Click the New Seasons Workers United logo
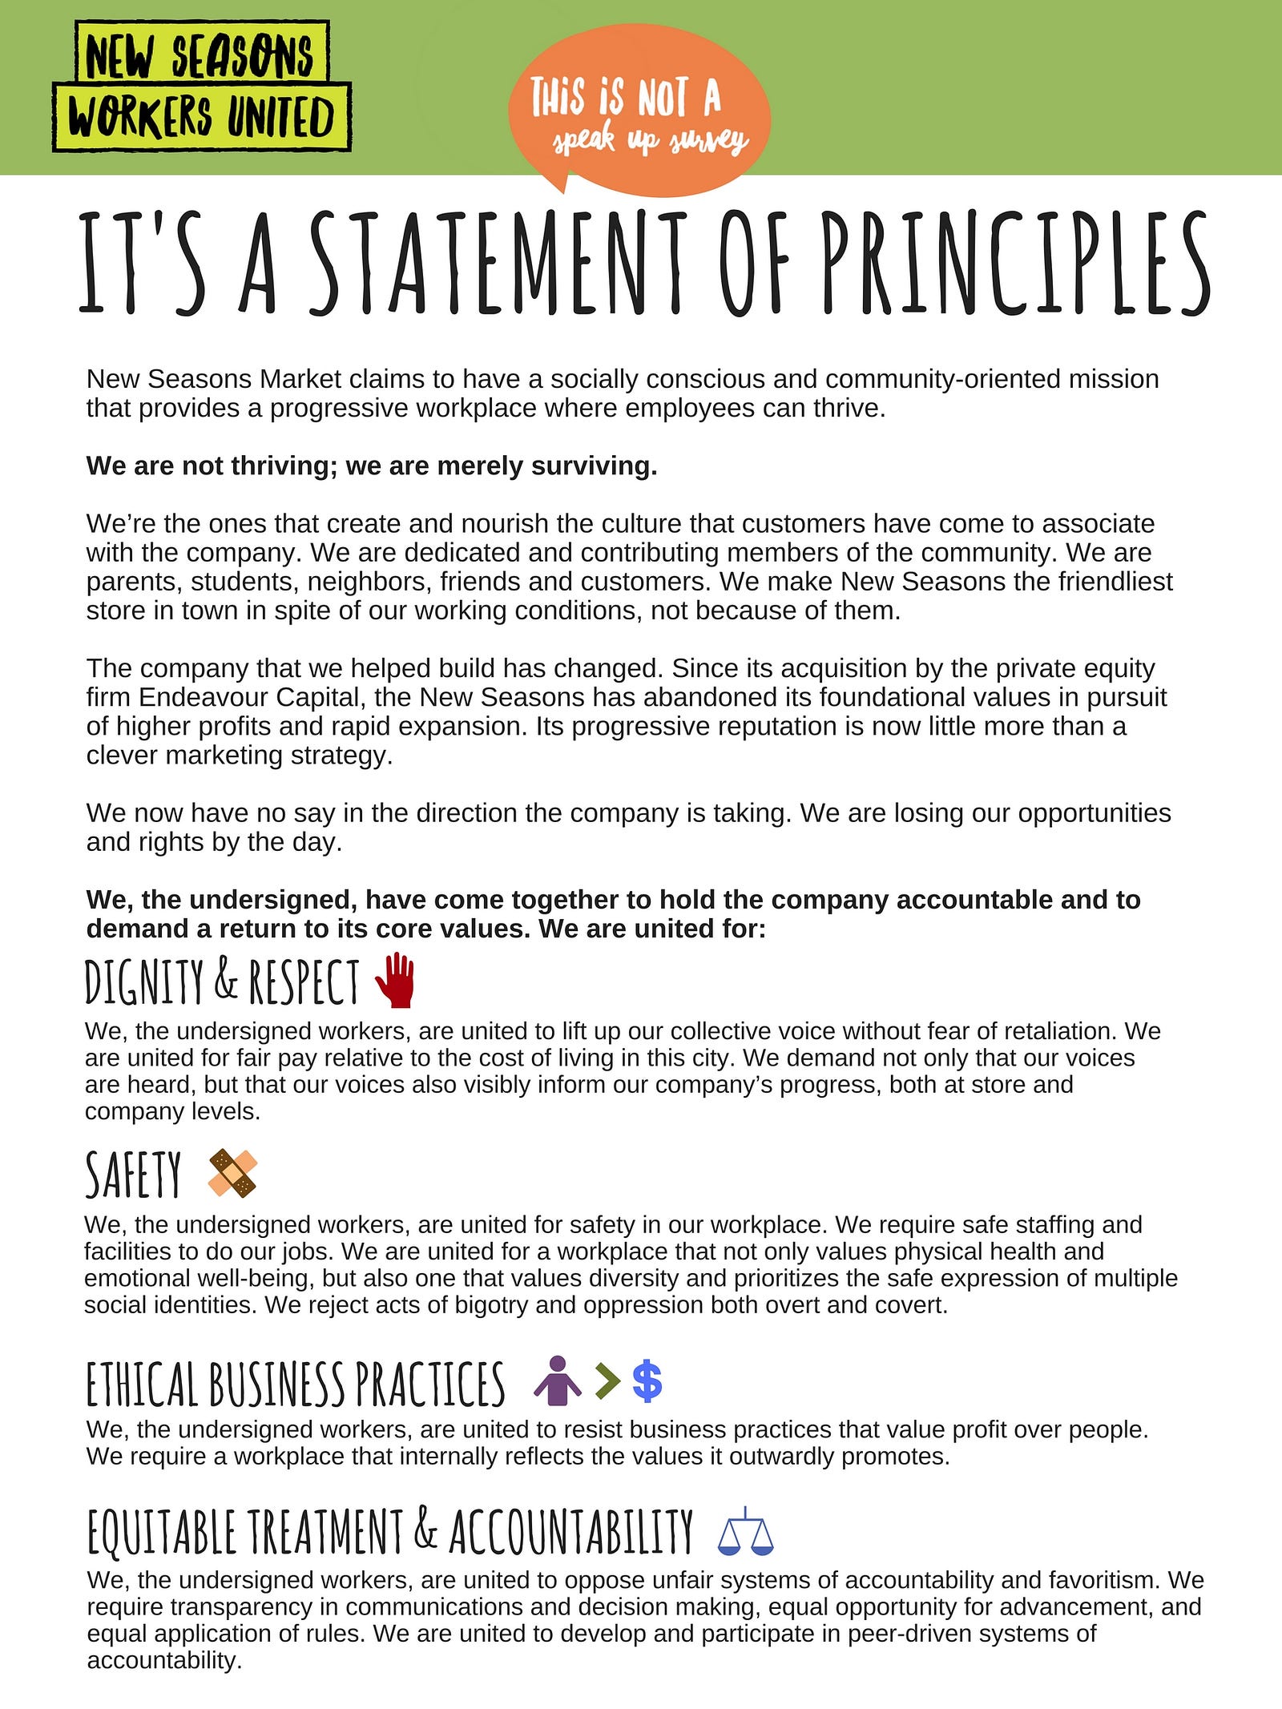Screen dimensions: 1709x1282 click(x=202, y=87)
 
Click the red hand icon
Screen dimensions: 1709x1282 click(x=396, y=980)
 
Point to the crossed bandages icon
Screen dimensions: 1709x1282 click(x=232, y=1174)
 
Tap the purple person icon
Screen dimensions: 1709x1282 click(x=558, y=1381)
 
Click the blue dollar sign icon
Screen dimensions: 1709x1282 click(x=647, y=1381)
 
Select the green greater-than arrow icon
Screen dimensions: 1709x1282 click(x=607, y=1381)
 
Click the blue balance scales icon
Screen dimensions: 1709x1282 click(x=746, y=1531)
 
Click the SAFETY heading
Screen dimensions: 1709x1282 click(x=134, y=1175)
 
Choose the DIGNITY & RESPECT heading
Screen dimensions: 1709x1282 click(x=222, y=981)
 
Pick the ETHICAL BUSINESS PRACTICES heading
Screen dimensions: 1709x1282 click(x=296, y=1384)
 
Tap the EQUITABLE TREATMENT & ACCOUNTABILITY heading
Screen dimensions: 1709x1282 click(x=390, y=1531)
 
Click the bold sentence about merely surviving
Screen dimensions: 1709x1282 click(x=372, y=466)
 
